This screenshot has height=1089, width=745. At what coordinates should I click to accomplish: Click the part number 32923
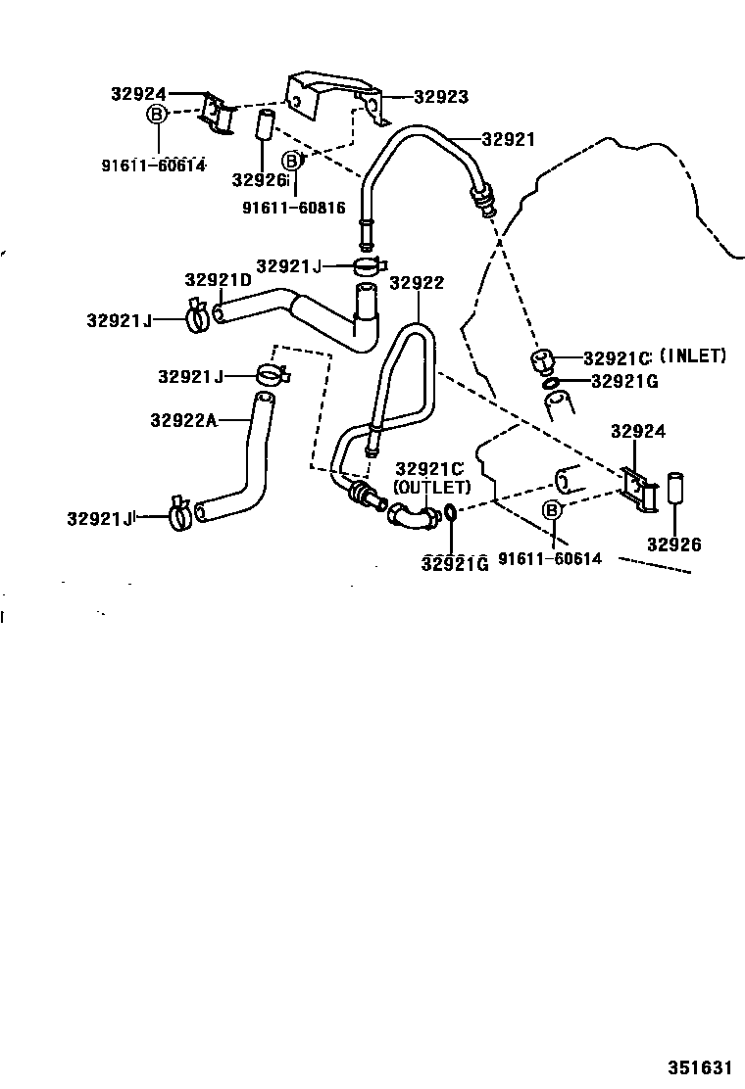pyautogui.click(x=440, y=97)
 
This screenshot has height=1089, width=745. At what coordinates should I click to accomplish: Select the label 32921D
pyautogui.click(x=219, y=280)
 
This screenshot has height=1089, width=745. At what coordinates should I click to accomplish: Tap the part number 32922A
pyautogui.click(x=183, y=419)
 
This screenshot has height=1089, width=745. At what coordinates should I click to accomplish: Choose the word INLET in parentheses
pyautogui.click(x=693, y=356)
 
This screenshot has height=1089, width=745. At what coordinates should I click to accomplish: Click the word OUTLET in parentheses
pyautogui.click(x=431, y=487)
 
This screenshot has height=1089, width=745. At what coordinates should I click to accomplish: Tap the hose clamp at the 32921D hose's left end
pyautogui.click(x=195, y=315)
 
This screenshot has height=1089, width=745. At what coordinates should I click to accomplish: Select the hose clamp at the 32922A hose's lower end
pyautogui.click(x=179, y=512)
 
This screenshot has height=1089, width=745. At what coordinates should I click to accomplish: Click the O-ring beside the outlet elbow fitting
pyautogui.click(x=448, y=512)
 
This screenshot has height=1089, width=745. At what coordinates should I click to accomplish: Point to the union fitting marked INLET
pyautogui.click(x=542, y=360)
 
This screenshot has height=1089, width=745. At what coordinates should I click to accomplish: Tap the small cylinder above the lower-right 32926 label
pyautogui.click(x=675, y=488)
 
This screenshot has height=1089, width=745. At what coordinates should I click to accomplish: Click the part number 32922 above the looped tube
pyautogui.click(x=417, y=283)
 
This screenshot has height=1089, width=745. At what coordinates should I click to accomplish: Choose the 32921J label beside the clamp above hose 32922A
pyautogui.click(x=190, y=377)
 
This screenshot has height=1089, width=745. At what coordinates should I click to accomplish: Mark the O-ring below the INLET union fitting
pyautogui.click(x=552, y=383)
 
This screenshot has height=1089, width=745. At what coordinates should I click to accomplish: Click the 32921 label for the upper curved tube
pyautogui.click(x=508, y=139)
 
